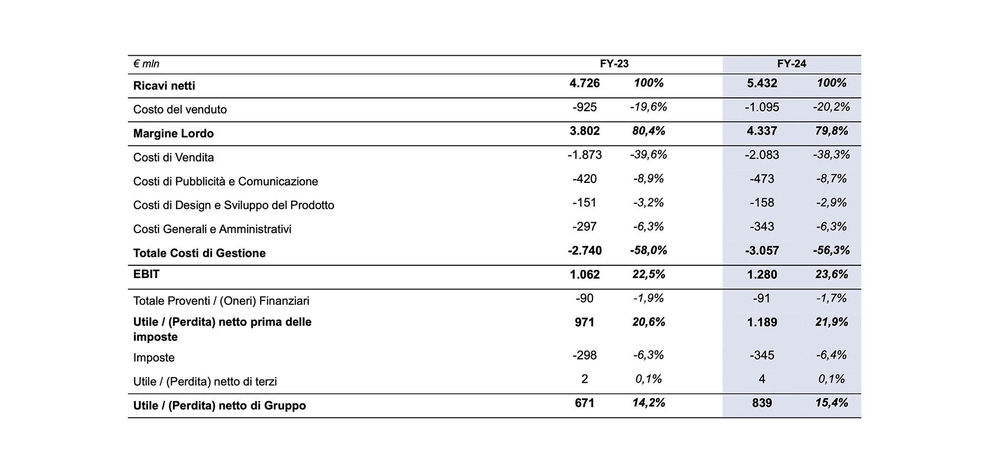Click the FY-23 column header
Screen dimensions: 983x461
click(614, 64)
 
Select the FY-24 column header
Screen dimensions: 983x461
click(792, 64)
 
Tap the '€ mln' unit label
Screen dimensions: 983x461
click(146, 64)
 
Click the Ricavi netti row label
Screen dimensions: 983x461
click(164, 86)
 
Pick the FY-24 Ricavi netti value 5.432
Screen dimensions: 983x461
click(762, 83)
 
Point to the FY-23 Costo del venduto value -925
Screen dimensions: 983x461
click(585, 107)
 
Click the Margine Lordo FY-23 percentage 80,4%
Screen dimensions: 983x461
click(649, 131)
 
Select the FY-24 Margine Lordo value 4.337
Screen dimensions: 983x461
click(762, 131)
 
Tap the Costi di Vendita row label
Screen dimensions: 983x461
click(174, 157)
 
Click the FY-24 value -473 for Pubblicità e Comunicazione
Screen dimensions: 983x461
click(762, 179)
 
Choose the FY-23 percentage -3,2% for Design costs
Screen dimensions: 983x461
click(649, 203)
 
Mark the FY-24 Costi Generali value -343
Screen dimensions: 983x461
click(762, 226)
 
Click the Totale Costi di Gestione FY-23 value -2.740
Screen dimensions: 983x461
click(585, 250)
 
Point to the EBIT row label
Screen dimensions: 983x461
click(146, 274)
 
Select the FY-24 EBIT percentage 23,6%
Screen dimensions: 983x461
click(832, 275)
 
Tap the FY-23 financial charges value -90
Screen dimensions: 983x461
click(585, 298)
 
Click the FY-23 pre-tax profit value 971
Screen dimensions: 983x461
click(585, 322)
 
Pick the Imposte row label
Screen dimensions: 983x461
click(154, 358)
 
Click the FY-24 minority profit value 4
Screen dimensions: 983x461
click(762, 379)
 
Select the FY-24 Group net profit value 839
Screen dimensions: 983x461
click(762, 403)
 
